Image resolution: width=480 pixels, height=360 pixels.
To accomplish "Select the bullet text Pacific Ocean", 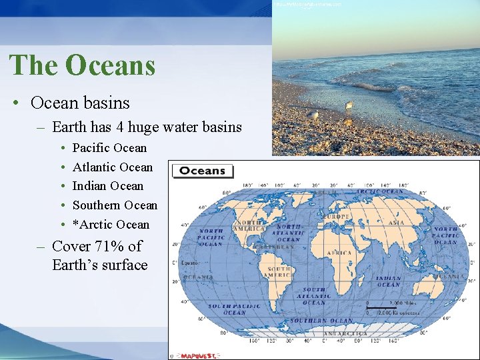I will (x=109, y=148).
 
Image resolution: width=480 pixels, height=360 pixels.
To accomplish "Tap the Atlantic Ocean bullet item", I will (x=112, y=167).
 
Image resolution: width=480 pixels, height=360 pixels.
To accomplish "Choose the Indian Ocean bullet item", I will (x=108, y=186).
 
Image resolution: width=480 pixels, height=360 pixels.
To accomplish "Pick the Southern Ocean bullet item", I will (x=115, y=205).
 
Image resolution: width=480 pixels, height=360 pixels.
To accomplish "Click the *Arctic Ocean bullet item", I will (x=111, y=225).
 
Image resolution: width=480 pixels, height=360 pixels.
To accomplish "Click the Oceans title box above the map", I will (x=203, y=171).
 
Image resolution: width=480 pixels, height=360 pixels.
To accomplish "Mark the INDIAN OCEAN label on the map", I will (x=389, y=281).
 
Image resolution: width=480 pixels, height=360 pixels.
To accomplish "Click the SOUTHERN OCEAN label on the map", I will (x=321, y=321).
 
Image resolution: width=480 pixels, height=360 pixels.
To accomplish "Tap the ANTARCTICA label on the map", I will (x=345, y=333).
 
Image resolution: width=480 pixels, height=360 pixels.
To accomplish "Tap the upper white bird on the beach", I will (x=349, y=105).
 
